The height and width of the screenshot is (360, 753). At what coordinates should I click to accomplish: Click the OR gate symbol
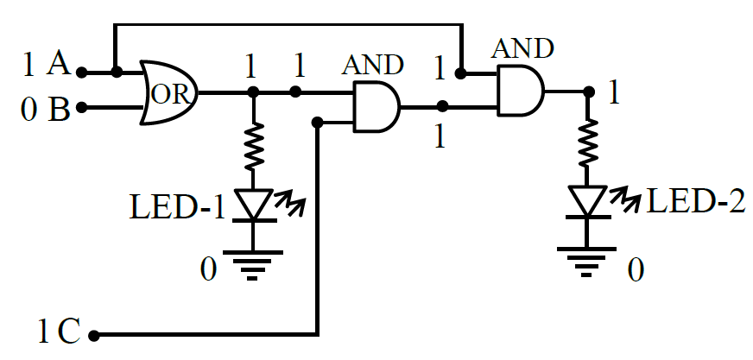(x=169, y=92)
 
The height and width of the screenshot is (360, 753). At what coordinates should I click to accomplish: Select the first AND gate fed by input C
(x=376, y=106)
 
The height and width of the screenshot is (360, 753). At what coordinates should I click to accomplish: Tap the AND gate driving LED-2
(x=521, y=91)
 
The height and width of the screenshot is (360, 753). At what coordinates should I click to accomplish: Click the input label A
(x=59, y=65)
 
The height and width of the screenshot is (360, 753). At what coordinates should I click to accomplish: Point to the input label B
(x=59, y=110)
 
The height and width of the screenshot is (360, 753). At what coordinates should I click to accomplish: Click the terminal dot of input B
(x=82, y=107)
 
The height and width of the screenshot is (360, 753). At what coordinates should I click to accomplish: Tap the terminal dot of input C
(x=94, y=335)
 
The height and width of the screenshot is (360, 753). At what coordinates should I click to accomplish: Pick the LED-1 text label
(x=177, y=208)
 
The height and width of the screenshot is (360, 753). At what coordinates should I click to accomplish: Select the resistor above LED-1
(x=254, y=146)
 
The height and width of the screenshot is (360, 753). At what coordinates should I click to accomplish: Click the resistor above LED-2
(x=586, y=142)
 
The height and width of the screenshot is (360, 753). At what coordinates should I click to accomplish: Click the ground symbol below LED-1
(x=254, y=264)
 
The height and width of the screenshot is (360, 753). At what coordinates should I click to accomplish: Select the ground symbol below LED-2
(x=586, y=262)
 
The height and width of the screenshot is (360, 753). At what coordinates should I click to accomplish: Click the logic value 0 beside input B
(x=28, y=111)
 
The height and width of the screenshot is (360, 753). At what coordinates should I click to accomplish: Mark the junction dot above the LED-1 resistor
(x=254, y=92)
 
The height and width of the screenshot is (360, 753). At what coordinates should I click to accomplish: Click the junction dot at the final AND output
(x=589, y=92)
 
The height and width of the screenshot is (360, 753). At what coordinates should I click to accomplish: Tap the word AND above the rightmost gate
(x=522, y=48)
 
